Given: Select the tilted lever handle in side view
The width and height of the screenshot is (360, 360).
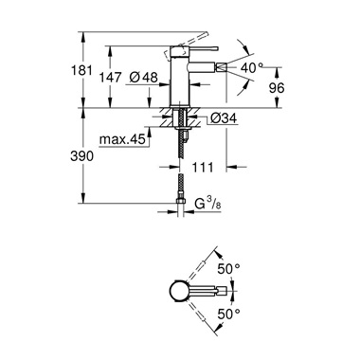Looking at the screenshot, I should click(x=193, y=45).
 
